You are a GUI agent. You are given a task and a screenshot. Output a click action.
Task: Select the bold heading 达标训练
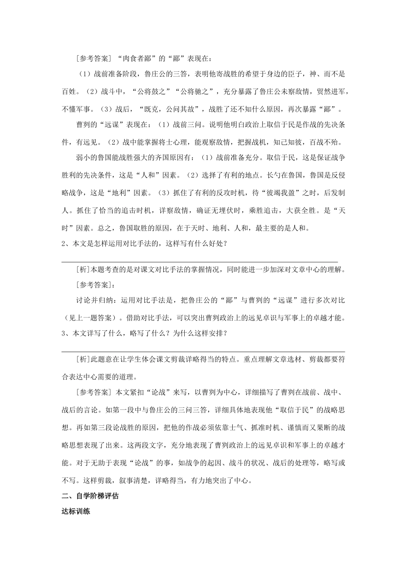point(76,512)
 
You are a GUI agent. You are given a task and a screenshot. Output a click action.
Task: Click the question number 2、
point(67,244)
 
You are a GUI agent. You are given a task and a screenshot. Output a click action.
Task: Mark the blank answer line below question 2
point(200,261)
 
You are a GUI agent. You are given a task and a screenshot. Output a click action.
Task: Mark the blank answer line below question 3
point(203,351)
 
